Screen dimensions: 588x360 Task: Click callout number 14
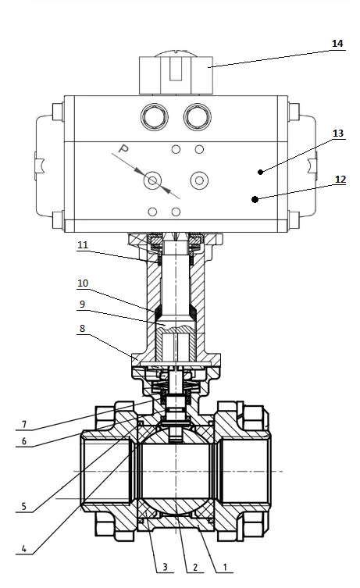(x=337, y=44)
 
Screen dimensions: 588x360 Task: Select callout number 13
(x=337, y=134)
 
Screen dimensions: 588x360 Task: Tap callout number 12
(x=339, y=179)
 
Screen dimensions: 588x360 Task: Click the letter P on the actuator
(x=123, y=148)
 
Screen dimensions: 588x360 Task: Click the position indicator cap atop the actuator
(x=176, y=74)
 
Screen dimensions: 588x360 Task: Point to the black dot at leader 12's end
(x=255, y=199)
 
